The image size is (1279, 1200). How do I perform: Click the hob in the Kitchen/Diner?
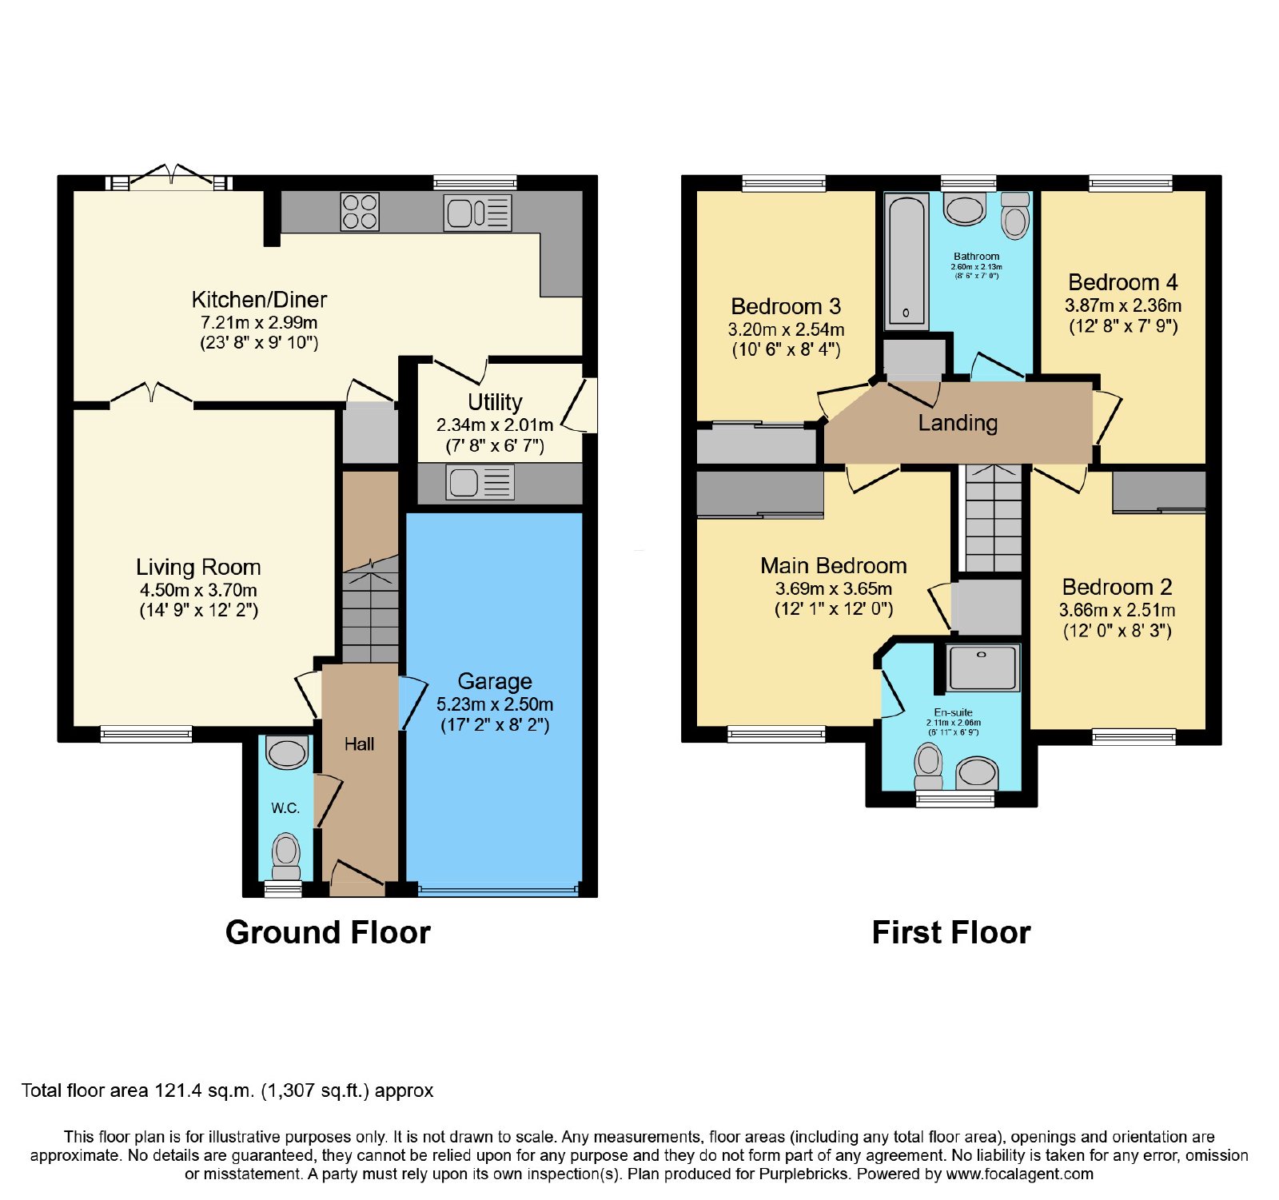tap(360, 212)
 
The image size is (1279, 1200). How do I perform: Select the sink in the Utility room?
tap(480, 483)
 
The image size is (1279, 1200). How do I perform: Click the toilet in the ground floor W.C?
tap(286, 856)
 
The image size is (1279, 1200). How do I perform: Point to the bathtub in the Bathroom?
tap(906, 261)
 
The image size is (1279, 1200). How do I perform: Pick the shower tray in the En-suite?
tap(982, 668)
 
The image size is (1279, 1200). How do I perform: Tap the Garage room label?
tap(495, 681)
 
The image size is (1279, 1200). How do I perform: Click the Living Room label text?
tap(198, 567)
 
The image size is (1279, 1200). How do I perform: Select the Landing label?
tap(958, 423)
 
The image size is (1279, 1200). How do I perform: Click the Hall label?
tap(359, 744)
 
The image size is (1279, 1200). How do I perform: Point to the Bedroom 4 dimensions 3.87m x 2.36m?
tap(1123, 305)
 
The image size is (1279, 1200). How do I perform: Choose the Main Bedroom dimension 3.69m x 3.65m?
tap(834, 588)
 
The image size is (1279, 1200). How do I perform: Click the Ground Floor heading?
tap(328, 932)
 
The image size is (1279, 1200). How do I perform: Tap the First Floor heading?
tap(951, 932)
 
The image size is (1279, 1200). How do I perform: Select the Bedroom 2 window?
tap(1134, 736)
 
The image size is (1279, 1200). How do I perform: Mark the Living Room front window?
tap(146, 734)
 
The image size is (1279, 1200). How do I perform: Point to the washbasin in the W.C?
tap(287, 753)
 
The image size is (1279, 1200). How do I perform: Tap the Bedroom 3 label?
tap(786, 306)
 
